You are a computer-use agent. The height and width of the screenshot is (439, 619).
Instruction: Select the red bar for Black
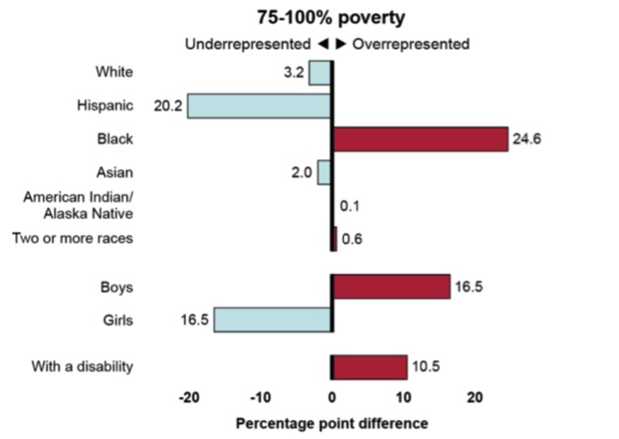pyautogui.click(x=420, y=138)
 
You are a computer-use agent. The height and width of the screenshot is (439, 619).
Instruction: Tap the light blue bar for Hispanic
pyautogui.click(x=259, y=106)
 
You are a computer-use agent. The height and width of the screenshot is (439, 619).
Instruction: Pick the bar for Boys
pyautogui.click(x=391, y=287)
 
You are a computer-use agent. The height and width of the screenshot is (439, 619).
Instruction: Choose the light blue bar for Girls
pyautogui.click(x=273, y=320)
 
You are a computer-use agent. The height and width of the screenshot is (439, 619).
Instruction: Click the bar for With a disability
pyautogui.click(x=369, y=366)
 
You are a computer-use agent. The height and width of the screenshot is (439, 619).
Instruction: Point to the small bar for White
pyautogui.click(x=319, y=73)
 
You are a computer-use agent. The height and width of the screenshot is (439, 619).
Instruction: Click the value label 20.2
pyautogui.click(x=167, y=106)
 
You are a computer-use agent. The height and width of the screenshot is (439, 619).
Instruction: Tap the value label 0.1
pyautogui.click(x=349, y=206)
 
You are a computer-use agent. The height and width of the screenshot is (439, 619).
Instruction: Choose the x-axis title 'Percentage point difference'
pyautogui.click(x=331, y=423)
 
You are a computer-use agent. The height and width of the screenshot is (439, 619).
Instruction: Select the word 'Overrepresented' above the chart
pyautogui.click(x=411, y=44)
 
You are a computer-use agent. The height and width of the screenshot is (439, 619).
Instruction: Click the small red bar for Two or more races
pyautogui.click(x=334, y=238)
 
